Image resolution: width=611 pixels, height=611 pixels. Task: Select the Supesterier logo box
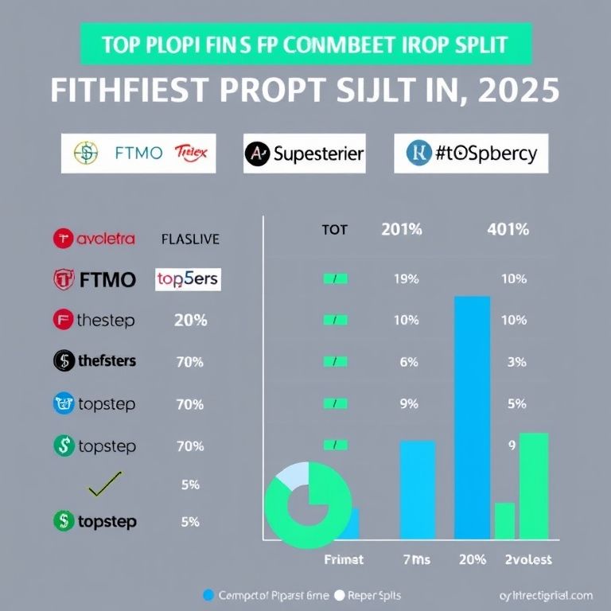pos(304,153)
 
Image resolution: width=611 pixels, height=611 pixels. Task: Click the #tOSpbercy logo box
pos(471,153)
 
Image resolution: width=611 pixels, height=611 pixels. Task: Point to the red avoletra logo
pos(94,238)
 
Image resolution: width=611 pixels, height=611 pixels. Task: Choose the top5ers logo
pos(188,279)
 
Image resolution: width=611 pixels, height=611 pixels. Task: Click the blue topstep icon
pos(63,403)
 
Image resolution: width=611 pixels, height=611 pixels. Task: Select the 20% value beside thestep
pos(190,321)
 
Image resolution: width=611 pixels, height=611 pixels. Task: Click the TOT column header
pos(335,230)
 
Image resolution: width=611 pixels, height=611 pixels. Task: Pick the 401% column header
pos(507,230)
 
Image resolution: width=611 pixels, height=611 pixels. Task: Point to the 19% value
pos(406,279)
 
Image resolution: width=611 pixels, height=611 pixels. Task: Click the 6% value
pos(409,362)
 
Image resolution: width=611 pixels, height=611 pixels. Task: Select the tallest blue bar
pos(472,418)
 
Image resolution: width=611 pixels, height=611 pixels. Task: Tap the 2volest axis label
pos(527,559)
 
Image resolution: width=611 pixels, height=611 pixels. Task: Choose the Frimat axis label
pos(343,559)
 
